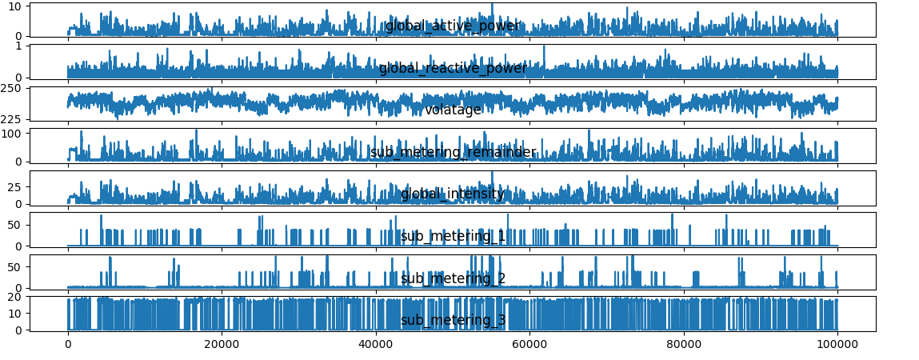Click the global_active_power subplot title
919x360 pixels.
(x=453, y=26)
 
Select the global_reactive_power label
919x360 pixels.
(x=453, y=69)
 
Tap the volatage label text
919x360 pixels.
(x=453, y=110)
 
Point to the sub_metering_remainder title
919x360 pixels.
(x=453, y=153)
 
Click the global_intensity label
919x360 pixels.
(x=453, y=194)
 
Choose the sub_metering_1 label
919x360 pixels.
(x=453, y=237)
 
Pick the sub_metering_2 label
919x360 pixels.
(x=453, y=278)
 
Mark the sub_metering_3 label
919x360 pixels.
(x=453, y=321)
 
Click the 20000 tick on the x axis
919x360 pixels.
(x=222, y=345)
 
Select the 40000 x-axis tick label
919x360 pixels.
(x=376, y=345)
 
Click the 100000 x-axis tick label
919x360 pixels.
(x=837, y=345)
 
